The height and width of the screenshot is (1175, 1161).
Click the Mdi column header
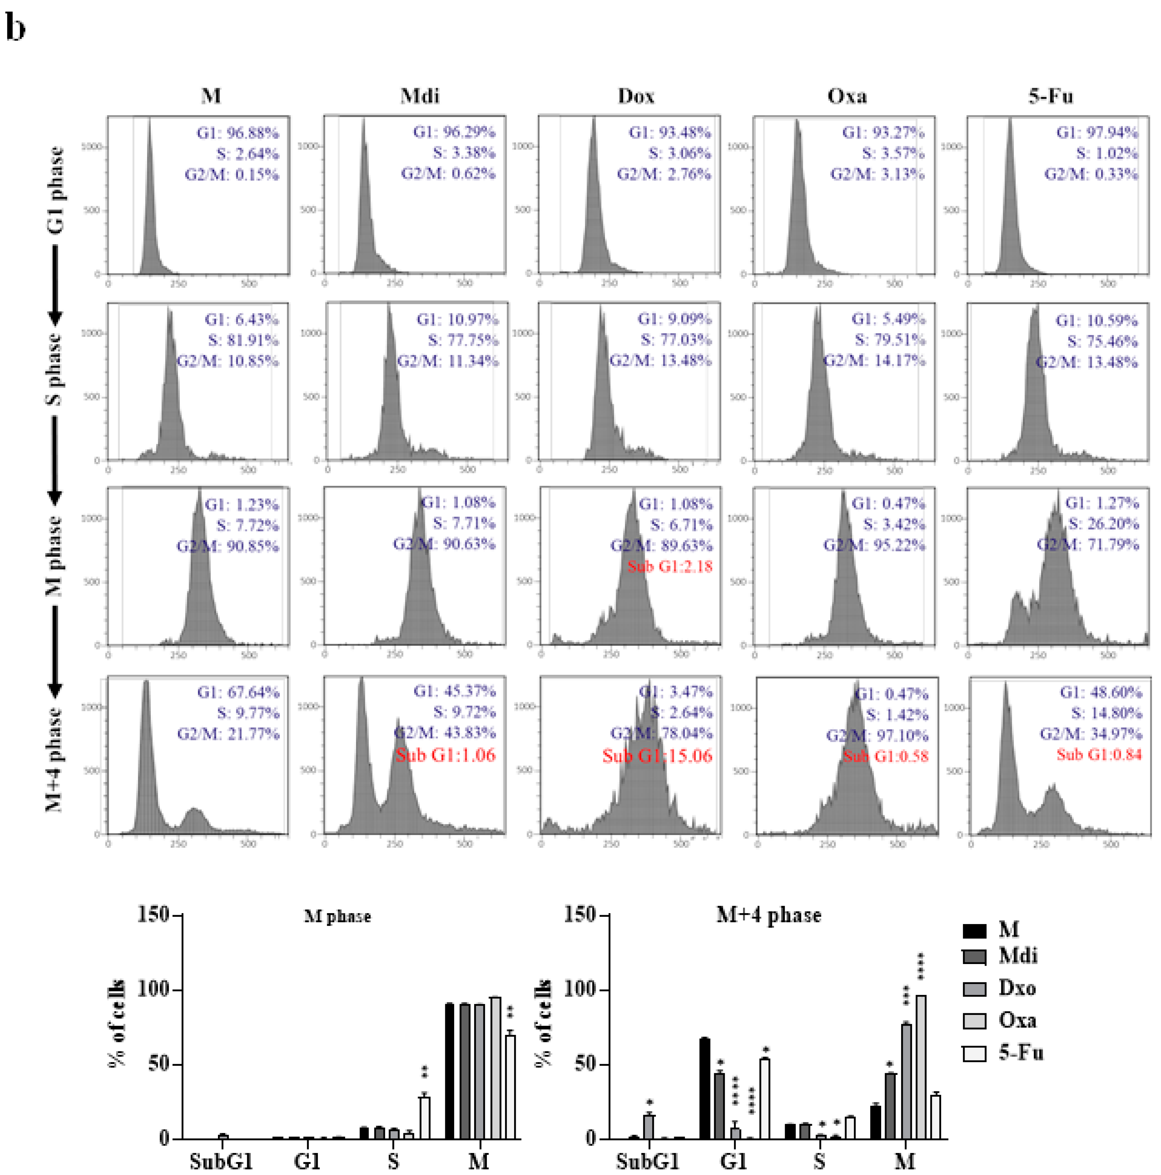click(420, 96)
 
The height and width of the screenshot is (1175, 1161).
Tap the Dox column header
click(636, 96)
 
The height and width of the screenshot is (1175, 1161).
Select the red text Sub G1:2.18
click(670, 566)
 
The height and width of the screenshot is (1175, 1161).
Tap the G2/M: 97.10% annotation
click(877, 735)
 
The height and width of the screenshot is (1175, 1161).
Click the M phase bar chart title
click(337, 916)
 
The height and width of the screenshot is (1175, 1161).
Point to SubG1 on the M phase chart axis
click(221, 1160)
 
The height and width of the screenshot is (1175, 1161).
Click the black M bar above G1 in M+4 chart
click(705, 1088)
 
